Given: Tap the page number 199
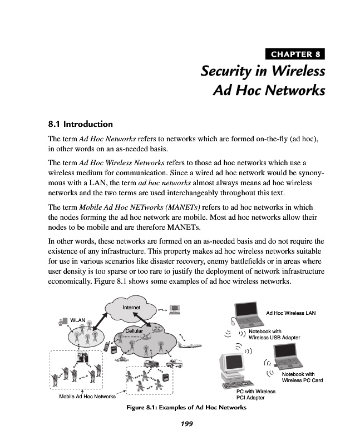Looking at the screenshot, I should [186, 424].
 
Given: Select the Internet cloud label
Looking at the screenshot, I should [131, 308].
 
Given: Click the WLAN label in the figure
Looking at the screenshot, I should [77, 320].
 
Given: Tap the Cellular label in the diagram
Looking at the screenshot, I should [134, 331].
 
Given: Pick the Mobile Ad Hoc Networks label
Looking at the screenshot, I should [87, 397].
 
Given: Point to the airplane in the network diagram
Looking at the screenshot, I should [190, 346].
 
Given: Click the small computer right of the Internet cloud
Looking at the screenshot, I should [175, 307].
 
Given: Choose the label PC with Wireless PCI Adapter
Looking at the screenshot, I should [256, 395].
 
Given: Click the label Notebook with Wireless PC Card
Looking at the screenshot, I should [302, 378].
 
